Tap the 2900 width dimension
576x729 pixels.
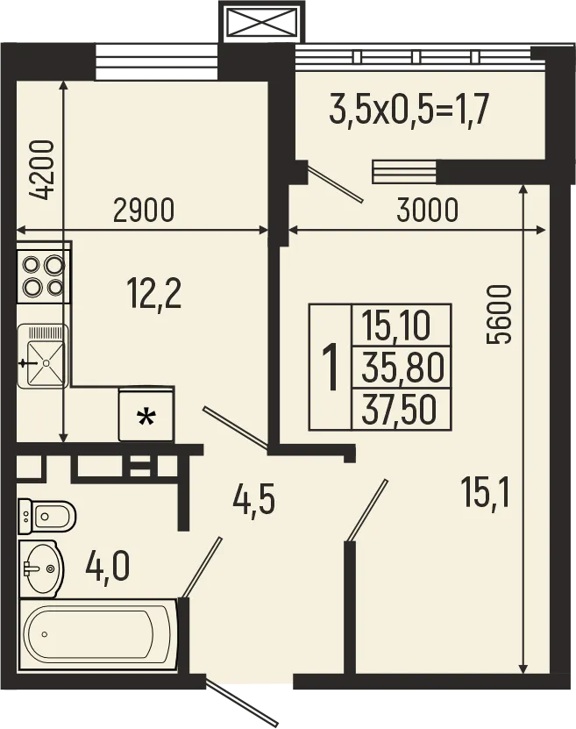[144, 211]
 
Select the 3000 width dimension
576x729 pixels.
[427, 211]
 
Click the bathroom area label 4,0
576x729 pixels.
[107, 565]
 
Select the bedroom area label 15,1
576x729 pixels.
[486, 492]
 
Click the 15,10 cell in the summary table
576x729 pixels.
[401, 326]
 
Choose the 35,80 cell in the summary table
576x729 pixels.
[401, 368]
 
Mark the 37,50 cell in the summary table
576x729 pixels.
[401, 409]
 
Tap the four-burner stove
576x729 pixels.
[43, 275]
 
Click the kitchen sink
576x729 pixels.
[43, 356]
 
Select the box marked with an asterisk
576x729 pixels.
[146, 415]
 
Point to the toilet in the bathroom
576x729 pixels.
[46, 516]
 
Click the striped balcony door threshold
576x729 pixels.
[404, 171]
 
